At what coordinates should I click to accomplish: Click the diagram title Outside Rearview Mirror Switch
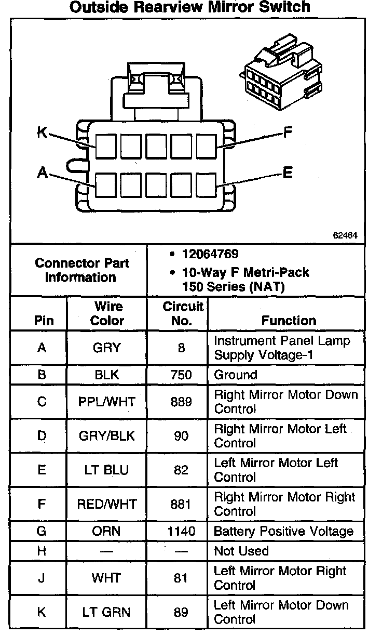(190, 7)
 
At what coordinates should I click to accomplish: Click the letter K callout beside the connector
(42, 133)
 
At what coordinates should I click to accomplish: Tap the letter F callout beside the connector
(288, 133)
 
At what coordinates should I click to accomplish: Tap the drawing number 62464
(345, 235)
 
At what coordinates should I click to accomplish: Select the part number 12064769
(210, 255)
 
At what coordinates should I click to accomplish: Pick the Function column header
(289, 321)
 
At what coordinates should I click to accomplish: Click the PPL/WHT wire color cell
(107, 402)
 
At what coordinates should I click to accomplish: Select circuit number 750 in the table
(181, 375)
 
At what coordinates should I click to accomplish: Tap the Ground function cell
(236, 375)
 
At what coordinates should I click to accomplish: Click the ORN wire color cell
(107, 532)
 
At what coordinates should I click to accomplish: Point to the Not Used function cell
(241, 551)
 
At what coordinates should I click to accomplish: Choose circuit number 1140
(181, 532)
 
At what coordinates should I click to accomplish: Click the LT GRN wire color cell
(107, 612)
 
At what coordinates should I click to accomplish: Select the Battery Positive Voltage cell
(283, 532)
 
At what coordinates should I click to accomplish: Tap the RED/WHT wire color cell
(107, 504)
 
